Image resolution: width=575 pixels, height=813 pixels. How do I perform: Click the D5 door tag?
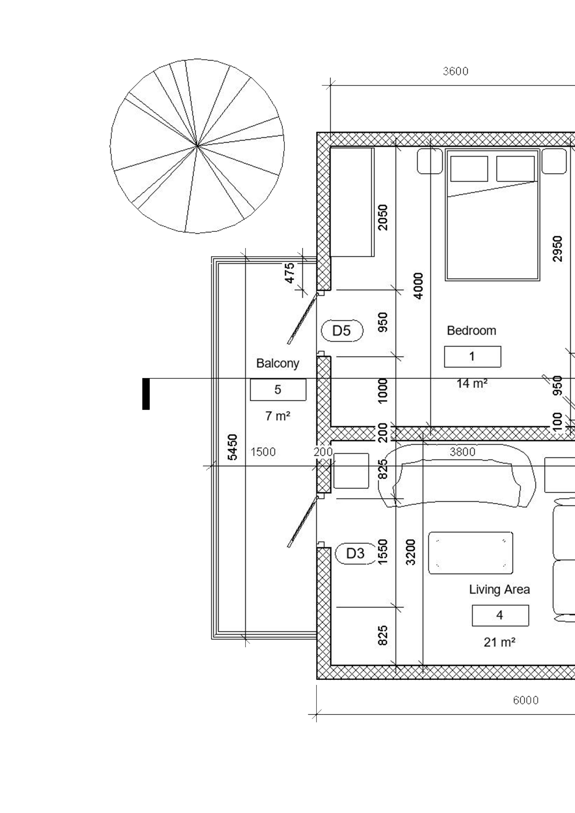[342, 331]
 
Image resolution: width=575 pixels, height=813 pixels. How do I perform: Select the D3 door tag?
[355, 553]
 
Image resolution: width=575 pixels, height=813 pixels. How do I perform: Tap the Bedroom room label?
[471, 331]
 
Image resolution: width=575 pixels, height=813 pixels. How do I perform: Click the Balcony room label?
[278, 363]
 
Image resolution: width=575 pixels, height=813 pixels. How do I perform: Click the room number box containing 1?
[472, 357]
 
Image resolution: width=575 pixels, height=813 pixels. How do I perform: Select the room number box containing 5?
[278, 390]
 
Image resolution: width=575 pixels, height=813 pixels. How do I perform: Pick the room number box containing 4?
[500, 615]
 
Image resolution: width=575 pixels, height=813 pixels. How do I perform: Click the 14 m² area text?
[472, 383]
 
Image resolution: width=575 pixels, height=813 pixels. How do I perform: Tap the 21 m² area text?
[499, 642]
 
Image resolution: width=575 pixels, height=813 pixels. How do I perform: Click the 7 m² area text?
[278, 416]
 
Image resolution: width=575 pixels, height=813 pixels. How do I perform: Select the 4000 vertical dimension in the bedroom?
[419, 286]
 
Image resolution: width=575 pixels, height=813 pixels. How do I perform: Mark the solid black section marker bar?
[146, 394]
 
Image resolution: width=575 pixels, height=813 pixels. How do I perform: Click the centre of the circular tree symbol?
[197, 146]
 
